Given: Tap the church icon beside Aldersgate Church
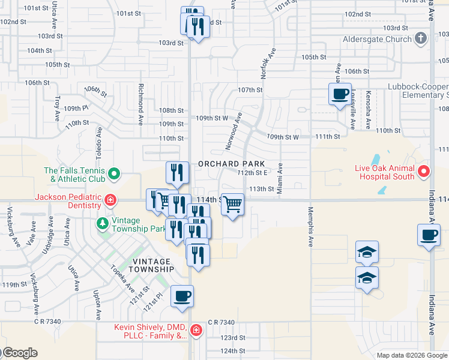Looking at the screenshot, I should [x=421, y=38].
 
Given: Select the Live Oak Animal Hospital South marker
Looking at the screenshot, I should [x=423, y=172].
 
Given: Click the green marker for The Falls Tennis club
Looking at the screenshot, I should [x=112, y=175].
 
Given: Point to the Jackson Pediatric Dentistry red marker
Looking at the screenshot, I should [x=110, y=200].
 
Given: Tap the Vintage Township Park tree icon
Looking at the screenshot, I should [x=103, y=224].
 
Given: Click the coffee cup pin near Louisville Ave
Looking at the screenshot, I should [x=340, y=94].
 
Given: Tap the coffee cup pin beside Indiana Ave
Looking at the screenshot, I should [x=429, y=235].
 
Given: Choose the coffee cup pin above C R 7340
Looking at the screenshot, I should [x=182, y=296].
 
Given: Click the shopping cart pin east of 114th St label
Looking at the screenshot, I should [x=232, y=205].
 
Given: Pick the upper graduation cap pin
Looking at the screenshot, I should [x=367, y=251].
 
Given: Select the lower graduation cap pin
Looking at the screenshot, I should [x=367, y=278].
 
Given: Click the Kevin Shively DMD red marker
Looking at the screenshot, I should [x=196, y=330].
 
